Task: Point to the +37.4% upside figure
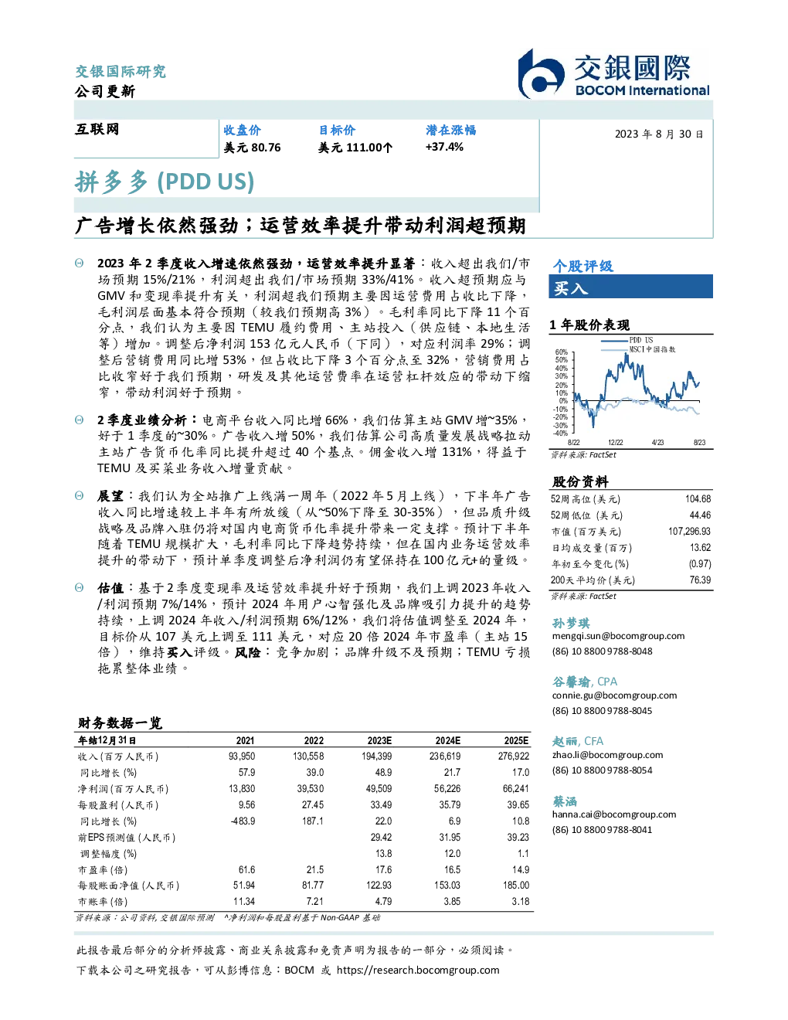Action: pyautogui.click(x=444, y=147)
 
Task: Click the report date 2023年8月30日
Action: pyautogui.click(x=659, y=134)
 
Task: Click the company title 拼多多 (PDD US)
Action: pyautogui.click(x=165, y=182)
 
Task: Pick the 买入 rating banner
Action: pyautogui.click(x=630, y=287)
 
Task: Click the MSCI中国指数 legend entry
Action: pyautogui.click(x=638, y=349)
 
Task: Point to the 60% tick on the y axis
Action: pyautogui.click(x=562, y=352)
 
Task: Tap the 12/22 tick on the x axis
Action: pyautogui.click(x=615, y=442)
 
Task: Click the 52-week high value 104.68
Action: pyautogui.click(x=698, y=499)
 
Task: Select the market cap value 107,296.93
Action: pyautogui.click(x=689, y=532)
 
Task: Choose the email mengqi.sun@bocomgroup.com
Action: pyautogui.click(x=618, y=636)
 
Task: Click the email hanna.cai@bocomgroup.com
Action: pyautogui.click(x=614, y=814)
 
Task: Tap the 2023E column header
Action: pyautogui.click(x=379, y=741)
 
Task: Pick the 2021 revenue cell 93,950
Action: pyautogui.click(x=242, y=756)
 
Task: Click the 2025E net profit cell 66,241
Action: pyautogui.click(x=516, y=789)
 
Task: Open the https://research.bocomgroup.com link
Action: pyautogui.click(x=418, y=971)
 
